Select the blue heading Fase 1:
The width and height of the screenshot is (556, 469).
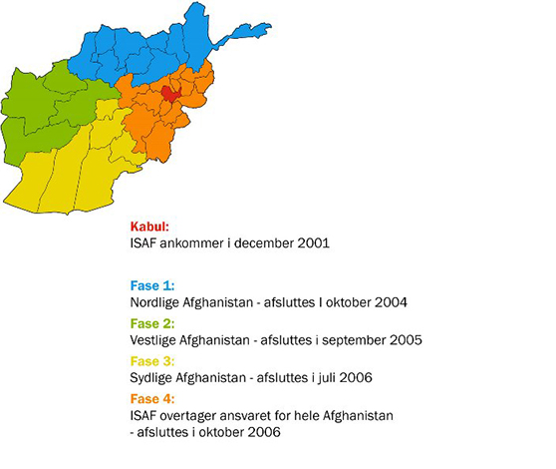151,285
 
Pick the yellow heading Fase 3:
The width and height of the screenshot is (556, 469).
151,359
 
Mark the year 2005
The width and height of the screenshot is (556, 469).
403,340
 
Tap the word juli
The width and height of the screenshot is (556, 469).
334,377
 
